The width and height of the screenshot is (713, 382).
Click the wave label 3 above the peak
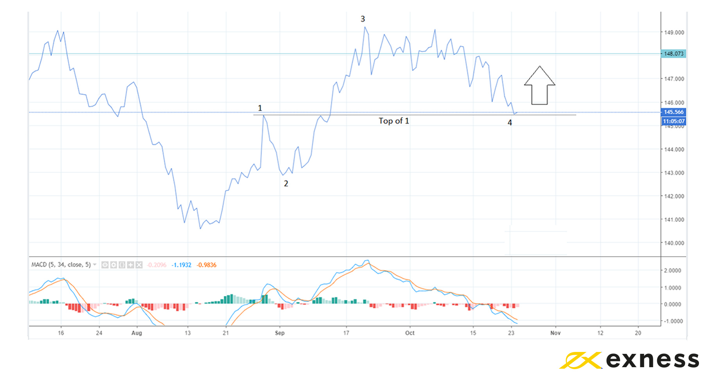363,19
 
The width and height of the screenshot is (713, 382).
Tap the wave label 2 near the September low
286,184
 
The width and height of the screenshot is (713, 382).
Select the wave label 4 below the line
510,123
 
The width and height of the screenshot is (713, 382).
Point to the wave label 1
260,108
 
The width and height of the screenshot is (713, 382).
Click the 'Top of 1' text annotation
394,121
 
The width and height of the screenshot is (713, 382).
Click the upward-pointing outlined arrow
540,86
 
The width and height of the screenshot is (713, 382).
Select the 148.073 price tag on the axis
674,54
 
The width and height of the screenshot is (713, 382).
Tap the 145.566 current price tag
674,112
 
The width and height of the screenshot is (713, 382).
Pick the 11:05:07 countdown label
674,121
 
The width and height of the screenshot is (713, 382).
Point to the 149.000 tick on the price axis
674,32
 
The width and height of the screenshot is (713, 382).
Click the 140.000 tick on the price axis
674,243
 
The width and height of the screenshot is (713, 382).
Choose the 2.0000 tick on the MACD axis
672,270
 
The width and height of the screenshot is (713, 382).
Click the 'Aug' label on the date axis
137,333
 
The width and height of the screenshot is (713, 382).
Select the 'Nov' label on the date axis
555,333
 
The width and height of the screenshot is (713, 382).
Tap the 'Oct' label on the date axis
410,333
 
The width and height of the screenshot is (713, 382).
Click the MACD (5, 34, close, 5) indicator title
61,265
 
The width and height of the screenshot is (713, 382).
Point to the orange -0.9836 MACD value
206,265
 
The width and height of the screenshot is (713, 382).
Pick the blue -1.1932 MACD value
182,265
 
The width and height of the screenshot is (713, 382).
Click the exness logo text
652,360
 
